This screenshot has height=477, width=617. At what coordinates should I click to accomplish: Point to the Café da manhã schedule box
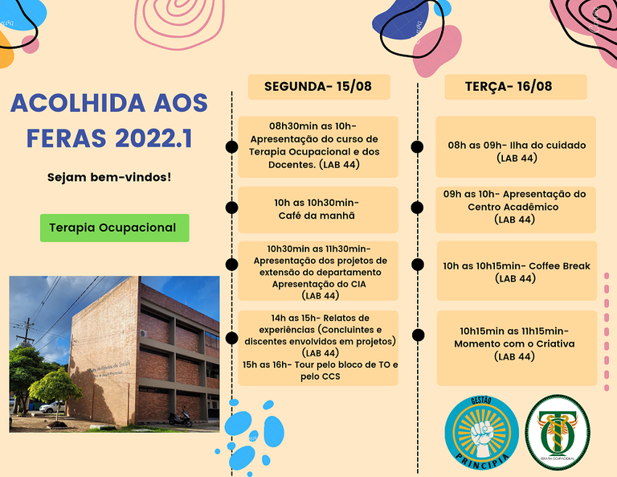317,209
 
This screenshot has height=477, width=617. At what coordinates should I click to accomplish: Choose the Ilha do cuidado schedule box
516,146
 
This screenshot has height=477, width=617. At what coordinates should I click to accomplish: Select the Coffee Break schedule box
516,271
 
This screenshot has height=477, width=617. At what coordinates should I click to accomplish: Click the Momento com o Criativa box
516,343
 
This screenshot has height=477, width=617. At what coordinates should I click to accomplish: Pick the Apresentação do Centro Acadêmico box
516,207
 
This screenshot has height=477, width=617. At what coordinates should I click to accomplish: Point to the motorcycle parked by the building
180,417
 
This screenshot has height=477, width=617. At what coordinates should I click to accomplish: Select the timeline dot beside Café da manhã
232,208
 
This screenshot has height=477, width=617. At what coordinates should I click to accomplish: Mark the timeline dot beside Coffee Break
417,264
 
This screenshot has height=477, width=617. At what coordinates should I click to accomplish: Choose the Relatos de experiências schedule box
317,347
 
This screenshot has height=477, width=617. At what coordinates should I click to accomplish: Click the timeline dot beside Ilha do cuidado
417,146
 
